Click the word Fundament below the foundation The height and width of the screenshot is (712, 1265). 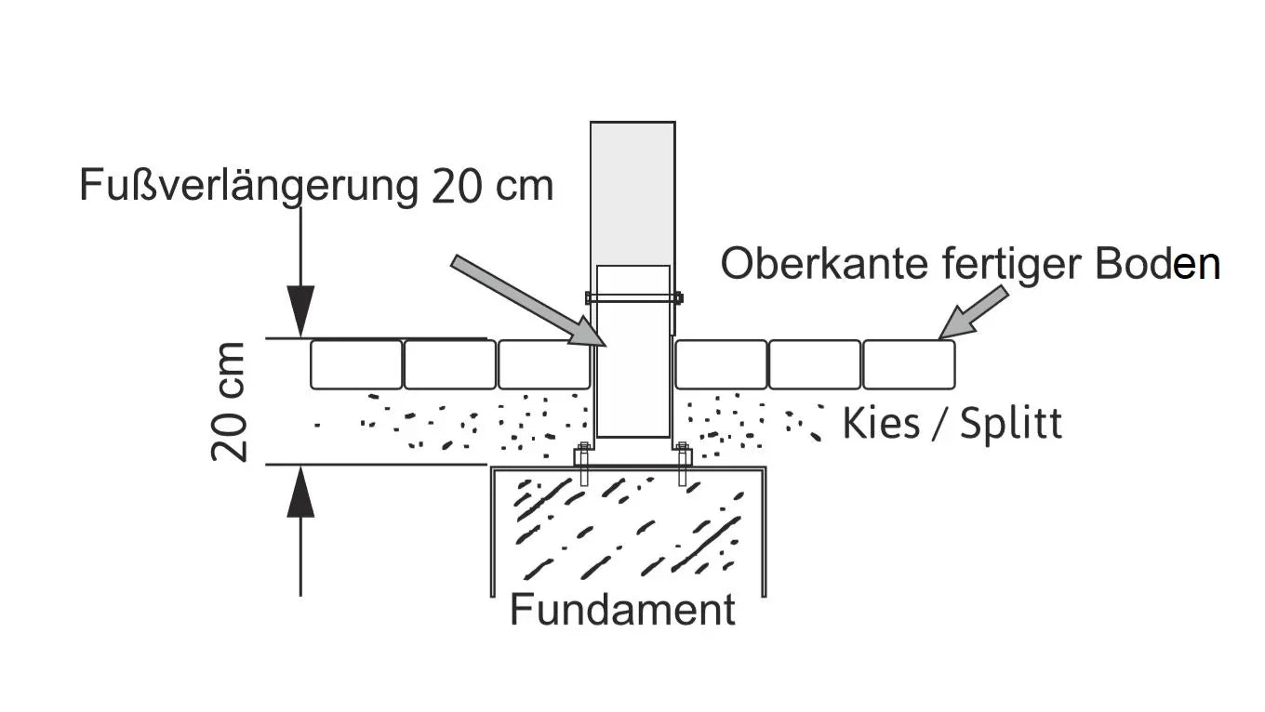click(622, 611)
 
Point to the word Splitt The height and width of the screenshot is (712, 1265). click(1011, 424)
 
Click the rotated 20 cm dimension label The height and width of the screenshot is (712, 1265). click(230, 402)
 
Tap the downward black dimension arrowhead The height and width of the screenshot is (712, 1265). click(300, 311)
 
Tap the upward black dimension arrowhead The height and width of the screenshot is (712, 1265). click(300, 493)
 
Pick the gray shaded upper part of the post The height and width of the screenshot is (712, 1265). click(632, 191)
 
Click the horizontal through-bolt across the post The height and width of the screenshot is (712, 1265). click(633, 298)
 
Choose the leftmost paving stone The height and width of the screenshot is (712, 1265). click(356, 364)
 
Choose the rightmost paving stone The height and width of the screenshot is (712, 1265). click(909, 364)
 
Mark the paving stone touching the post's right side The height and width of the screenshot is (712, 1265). click(721, 364)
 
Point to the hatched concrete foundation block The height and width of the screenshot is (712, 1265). click(628, 530)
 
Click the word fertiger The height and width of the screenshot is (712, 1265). click(1007, 265)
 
